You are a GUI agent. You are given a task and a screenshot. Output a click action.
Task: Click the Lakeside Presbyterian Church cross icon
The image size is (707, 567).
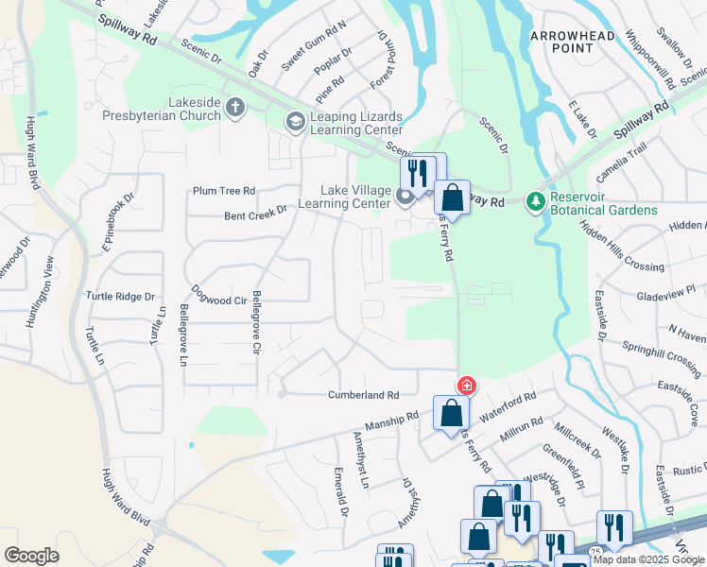coord(235,108)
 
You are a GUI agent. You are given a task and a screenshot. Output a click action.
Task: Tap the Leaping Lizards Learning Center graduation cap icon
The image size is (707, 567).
coord(295,120)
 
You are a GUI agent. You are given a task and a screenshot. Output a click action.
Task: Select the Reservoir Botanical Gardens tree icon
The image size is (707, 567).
coord(536,201)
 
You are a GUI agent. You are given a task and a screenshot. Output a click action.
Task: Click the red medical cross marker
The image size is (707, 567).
coord(466,386)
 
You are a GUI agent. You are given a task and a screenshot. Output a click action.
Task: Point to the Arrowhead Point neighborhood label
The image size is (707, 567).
coord(572,43)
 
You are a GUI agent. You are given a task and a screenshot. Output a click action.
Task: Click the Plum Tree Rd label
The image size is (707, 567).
coord(224,190)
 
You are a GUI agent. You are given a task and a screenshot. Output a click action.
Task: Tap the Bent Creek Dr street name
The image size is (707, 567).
coord(255,214)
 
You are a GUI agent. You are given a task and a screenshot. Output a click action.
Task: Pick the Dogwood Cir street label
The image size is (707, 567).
coord(219,301)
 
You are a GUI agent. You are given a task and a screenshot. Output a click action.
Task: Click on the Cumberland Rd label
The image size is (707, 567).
coord(364,395)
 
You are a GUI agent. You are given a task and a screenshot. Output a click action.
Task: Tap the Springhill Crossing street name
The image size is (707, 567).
coord(661,355)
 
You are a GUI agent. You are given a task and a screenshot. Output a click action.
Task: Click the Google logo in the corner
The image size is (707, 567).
coord(31,556)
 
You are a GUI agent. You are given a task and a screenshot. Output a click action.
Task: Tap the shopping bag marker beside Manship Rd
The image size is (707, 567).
coord(452,413)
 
